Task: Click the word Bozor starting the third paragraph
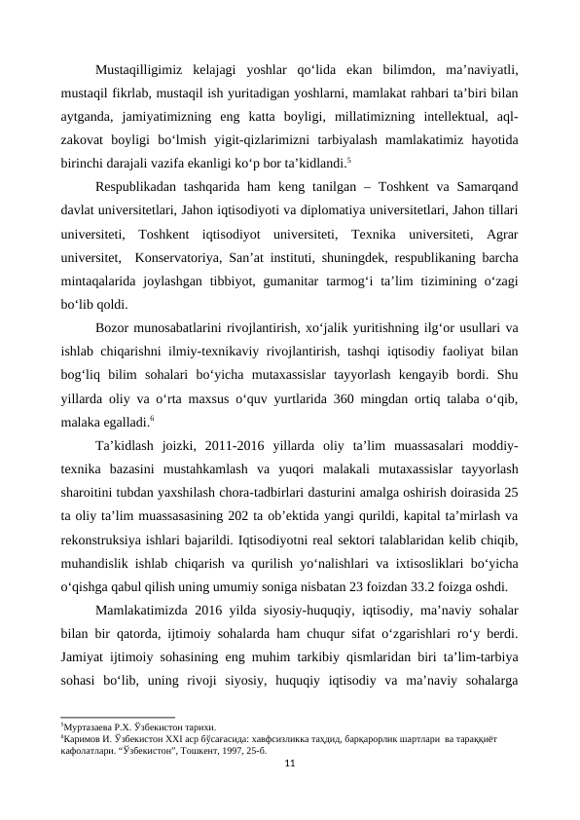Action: (116, 328)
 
